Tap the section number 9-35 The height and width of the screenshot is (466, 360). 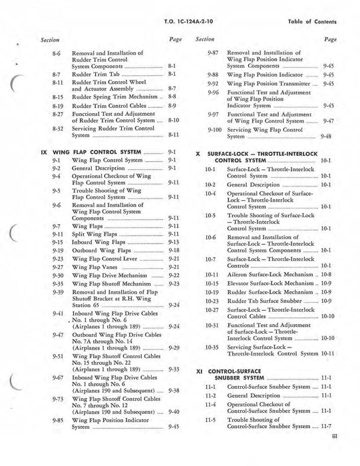coord(58,284)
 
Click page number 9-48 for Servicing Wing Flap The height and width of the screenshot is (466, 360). coord(326,136)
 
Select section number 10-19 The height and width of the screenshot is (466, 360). coord(212,292)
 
